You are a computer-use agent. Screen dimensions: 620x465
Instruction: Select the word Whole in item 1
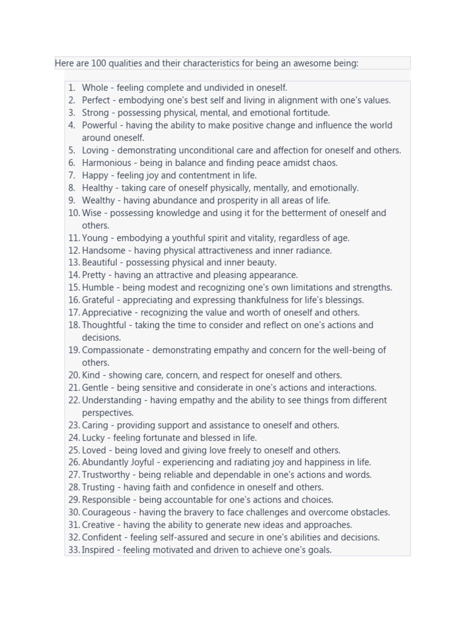pos(95,88)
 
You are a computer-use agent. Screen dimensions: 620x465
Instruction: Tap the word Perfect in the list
pos(96,101)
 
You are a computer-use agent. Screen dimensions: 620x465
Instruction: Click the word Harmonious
pos(107,163)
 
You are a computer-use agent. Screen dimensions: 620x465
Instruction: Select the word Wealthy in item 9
pos(98,200)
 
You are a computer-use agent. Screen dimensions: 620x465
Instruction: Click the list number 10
pos(74,213)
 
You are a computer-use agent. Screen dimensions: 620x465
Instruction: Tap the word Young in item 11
pos(94,238)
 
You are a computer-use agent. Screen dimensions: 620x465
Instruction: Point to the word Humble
pos(97,288)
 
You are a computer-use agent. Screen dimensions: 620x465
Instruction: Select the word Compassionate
pos(113,350)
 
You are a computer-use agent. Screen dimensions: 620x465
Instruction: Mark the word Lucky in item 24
pos(93,438)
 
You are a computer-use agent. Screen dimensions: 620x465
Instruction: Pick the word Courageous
pos(106,512)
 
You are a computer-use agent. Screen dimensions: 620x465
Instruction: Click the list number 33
pos(74,550)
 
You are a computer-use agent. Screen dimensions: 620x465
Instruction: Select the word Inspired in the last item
pos(99,550)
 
